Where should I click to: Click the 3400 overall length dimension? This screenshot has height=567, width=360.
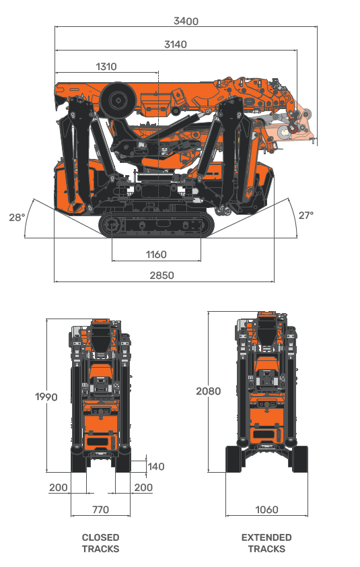pos(186,21)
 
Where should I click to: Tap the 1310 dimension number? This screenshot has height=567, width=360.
pos(106,67)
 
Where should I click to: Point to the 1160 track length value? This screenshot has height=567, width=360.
pos(155,255)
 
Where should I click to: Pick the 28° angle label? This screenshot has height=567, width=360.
pos(17,218)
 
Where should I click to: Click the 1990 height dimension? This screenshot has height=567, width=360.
pos(46,397)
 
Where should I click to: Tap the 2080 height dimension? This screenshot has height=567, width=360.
pos(209,391)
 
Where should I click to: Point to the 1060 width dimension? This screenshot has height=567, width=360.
pos(266,510)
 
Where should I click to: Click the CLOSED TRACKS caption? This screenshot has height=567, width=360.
pos(100,543)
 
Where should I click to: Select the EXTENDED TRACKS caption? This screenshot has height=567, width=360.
pos(266,543)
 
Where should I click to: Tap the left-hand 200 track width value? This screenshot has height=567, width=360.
pos(59,488)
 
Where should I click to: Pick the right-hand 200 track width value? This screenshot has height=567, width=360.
pos(143,488)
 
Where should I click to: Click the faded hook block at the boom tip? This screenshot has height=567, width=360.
pos(295,128)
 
